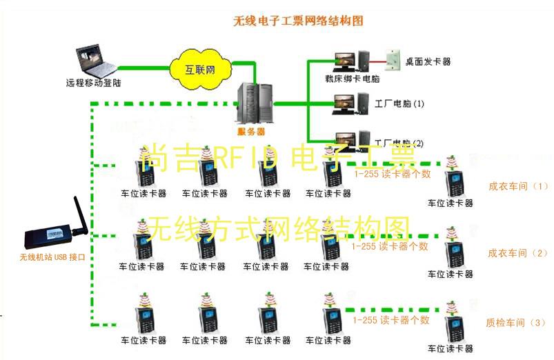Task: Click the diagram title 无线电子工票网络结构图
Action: pyautogui.click(x=298, y=21)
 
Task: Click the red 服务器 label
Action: pyautogui.click(x=251, y=131)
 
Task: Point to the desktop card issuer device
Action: pyautogui.click(x=394, y=59)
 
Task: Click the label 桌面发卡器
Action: pyautogui.click(x=428, y=61)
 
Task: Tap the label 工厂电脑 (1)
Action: pyautogui.click(x=399, y=104)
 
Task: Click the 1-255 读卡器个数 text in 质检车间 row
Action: pyautogui.click(x=390, y=320)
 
